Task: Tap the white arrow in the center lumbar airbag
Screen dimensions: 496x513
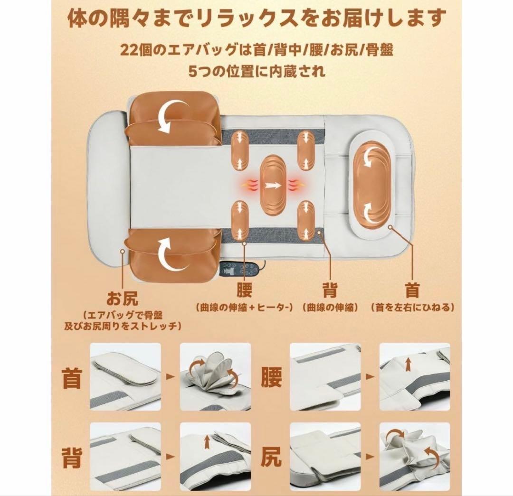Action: (x=275, y=185)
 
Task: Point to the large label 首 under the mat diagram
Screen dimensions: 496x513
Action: (x=411, y=291)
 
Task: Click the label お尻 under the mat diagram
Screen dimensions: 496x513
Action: (x=123, y=299)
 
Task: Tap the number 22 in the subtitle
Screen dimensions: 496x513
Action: (x=129, y=49)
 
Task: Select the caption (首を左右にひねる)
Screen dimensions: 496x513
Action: (x=412, y=308)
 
